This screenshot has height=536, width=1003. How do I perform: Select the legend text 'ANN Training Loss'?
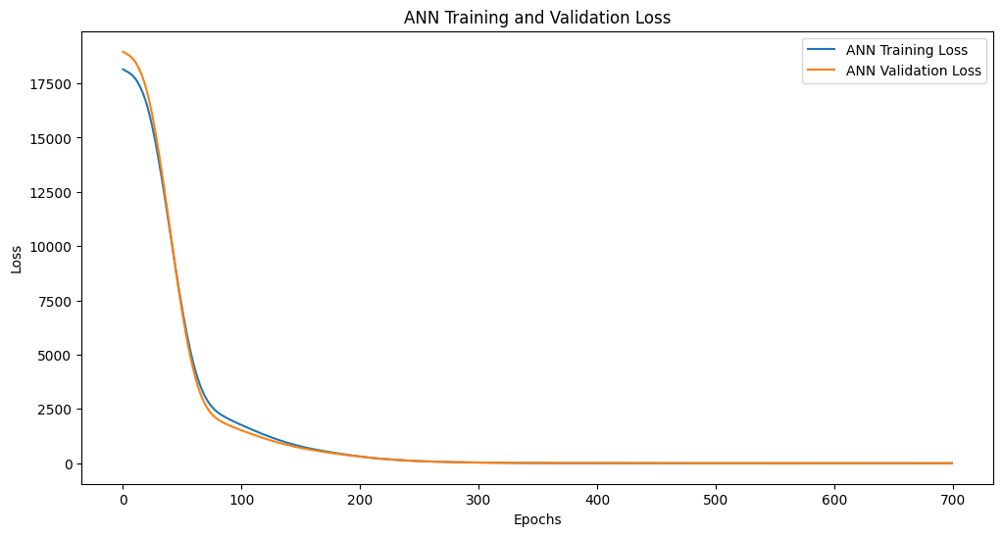(x=907, y=50)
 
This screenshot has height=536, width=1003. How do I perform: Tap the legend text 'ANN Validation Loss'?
(x=914, y=71)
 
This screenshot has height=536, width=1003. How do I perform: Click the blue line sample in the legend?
(x=821, y=50)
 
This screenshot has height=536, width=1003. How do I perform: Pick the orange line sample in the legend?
(x=821, y=71)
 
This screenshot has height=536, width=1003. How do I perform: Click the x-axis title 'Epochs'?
(x=537, y=519)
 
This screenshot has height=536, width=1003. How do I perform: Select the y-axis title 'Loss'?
(x=17, y=260)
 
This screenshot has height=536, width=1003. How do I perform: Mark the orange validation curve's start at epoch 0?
(x=124, y=52)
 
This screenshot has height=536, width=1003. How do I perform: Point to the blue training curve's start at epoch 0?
(x=124, y=70)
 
